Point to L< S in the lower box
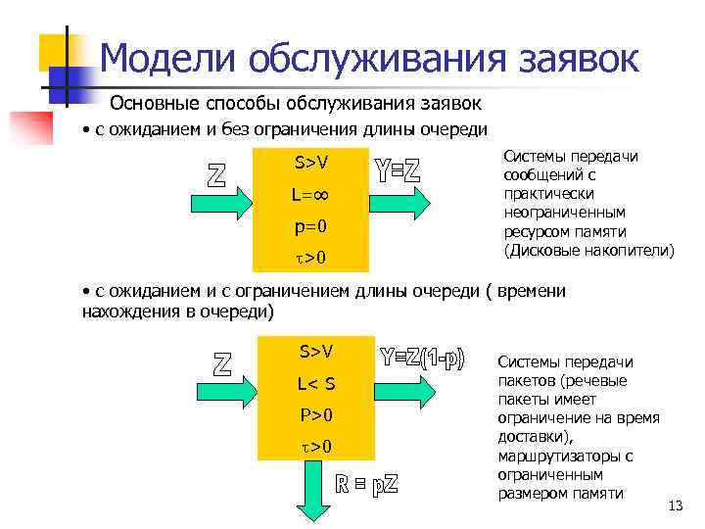(315, 383)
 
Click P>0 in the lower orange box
(315, 414)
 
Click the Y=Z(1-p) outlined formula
(422, 359)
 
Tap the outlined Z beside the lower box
(222, 363)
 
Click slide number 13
(674, 505)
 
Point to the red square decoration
(30, 127)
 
